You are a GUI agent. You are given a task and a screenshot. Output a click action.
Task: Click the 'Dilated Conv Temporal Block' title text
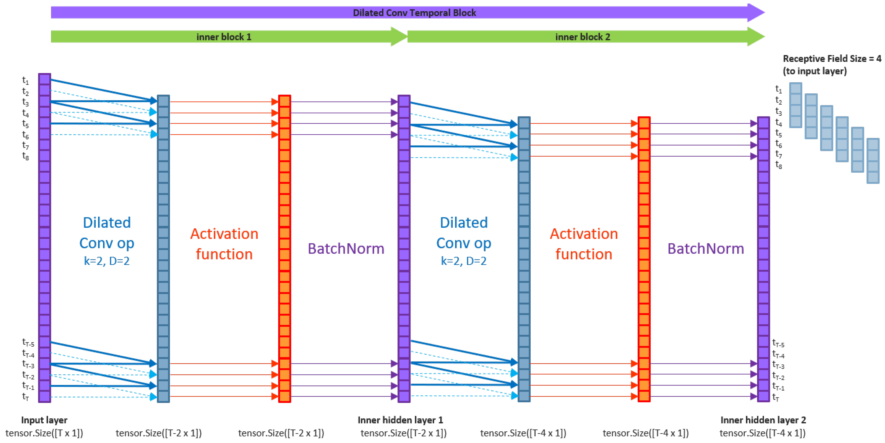tap(414, 13)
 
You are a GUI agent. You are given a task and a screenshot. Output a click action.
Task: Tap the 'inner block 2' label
tap(583, 37)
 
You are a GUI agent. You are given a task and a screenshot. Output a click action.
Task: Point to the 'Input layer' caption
tap(44, 420)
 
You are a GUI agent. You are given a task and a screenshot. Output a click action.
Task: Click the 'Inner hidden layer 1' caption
tap(400, 420)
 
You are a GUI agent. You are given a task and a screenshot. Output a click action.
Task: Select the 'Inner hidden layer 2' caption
tap(763, 420)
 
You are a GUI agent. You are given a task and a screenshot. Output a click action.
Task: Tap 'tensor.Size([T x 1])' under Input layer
tap(44, 433)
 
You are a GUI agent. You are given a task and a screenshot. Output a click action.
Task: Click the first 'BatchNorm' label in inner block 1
tap(346, 248)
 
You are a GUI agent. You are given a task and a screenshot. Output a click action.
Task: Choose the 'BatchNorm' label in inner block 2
tap(706, 248)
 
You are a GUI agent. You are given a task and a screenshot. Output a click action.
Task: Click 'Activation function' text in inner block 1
tap(224, 244)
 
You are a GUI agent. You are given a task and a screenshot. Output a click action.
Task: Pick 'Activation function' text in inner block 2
tap(584, 244)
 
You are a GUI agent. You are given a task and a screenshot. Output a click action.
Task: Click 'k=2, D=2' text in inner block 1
tap(107, 261)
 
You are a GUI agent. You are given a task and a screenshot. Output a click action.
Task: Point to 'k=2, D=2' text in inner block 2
tap(463, 261)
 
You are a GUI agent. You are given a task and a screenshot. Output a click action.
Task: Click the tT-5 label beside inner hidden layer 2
tap(778, 343)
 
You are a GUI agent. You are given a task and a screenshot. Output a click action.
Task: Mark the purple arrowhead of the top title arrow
tap(756, 13)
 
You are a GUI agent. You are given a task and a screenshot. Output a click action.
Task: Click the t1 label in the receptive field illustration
tap(778, 89)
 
